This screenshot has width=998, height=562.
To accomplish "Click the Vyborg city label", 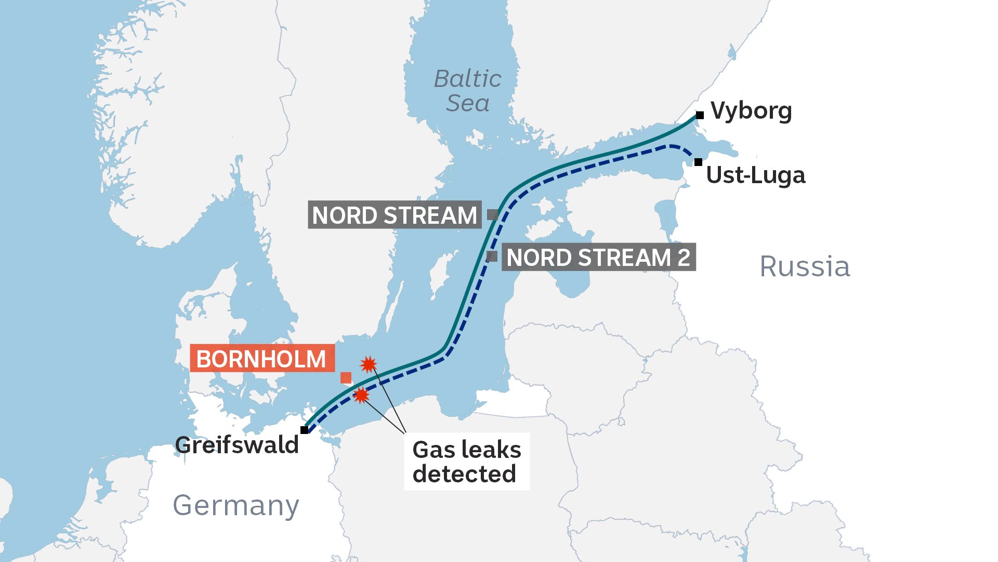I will click(751, 111).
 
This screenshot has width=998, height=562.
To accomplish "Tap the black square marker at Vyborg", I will click(700, 115).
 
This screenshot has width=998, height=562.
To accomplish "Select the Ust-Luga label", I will click(755, 175).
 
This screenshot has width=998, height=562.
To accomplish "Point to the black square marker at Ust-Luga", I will click(698, 162).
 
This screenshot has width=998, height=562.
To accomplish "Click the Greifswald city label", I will click(237, 445).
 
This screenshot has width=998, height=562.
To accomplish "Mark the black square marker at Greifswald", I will click(304, 430).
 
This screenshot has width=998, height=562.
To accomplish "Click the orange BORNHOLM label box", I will click(261, 359).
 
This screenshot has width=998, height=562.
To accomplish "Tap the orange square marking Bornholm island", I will click(346, 378).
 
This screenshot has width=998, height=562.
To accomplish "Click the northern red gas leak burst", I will click(368, 364).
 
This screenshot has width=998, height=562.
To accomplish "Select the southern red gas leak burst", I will click(361, 395).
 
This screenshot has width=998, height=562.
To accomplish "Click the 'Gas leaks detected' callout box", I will click(466, 462).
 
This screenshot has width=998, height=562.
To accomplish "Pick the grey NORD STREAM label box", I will click(395, 215).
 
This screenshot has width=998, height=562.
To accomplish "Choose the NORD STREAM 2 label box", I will click(598, 257).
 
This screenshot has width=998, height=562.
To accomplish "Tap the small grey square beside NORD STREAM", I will click(492, 214).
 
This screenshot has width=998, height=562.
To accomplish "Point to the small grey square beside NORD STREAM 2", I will click(492, 256).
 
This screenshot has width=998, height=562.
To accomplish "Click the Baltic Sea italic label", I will click(467, 91).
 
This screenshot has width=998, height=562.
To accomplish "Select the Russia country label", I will click(805, 267).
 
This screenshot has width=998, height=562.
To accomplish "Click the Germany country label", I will click(236, 505).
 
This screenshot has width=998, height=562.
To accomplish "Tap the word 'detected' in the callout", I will click(464, 474).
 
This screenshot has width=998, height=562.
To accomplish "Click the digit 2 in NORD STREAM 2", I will click(684, 257).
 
